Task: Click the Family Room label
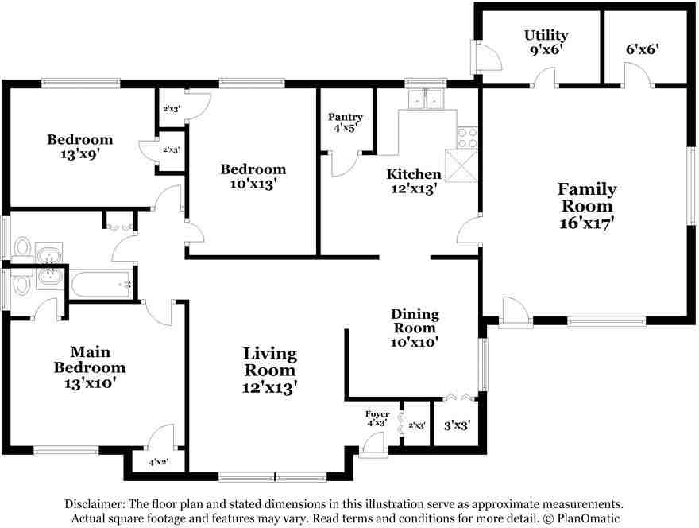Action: coord(586,205)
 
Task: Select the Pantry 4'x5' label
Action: coord(346,122)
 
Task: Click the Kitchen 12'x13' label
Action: coord(413,181)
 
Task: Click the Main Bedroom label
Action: coord(89,367)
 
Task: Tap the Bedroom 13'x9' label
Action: coord(79,147)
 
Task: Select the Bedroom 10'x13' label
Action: coord(253,176)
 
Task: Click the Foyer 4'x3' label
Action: coord(377,418)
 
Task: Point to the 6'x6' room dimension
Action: coord(642,49)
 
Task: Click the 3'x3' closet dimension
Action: coord(458,425)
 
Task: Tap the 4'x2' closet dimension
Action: coord(158,461)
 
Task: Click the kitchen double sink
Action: coord(426,100)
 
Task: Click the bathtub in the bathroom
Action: coord(102,284)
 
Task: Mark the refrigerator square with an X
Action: coord(461,166)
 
